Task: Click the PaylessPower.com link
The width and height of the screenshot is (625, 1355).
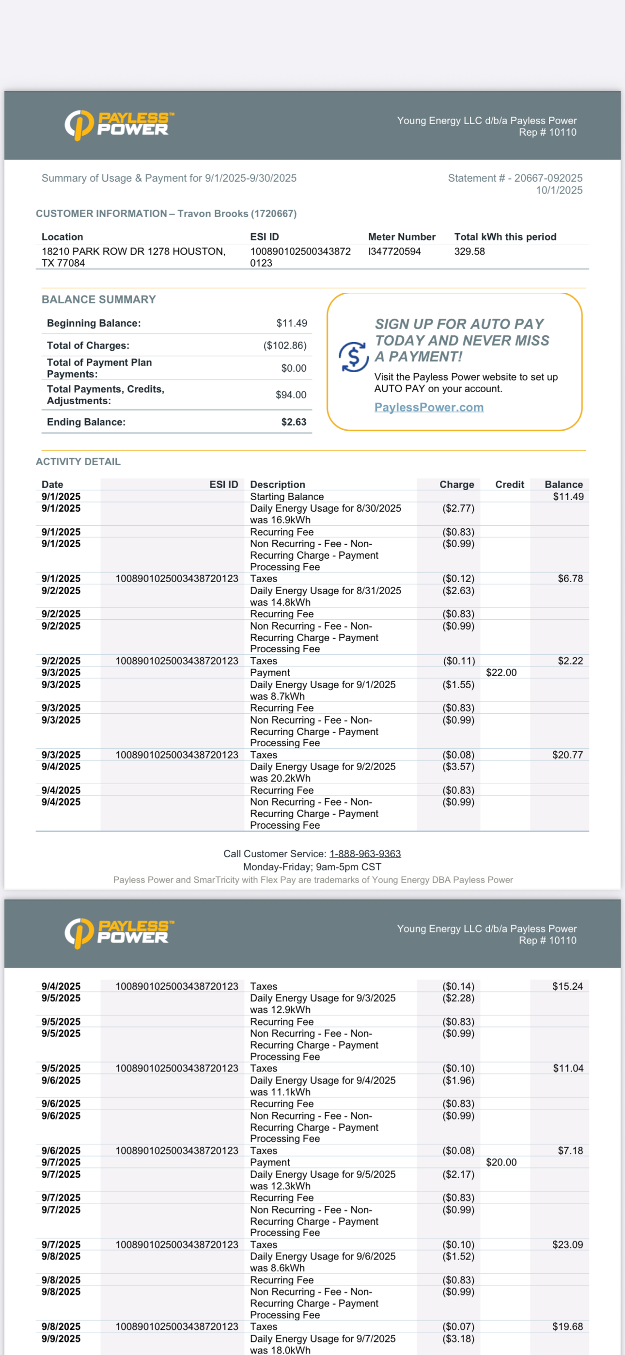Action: click(x=429, y=407)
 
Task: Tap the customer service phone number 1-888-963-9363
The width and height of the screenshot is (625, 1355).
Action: click(x=365, y=853)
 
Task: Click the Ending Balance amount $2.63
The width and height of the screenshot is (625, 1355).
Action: click(x=294, y=422)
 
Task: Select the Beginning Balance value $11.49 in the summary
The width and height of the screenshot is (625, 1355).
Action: click(x=292, y=323)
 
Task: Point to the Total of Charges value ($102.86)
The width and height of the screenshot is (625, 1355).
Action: click(x=284, y=346)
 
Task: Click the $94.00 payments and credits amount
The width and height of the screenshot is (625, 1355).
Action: click(x=291, y=394)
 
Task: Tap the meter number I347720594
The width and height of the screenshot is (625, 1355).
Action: click(x=394, y=252)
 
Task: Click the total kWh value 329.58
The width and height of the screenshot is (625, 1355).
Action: click(x=469, y=252)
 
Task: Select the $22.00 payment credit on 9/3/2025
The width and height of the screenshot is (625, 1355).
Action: click(x=501, y=672)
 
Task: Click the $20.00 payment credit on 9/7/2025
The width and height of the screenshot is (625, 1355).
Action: click(x=501, y=1162)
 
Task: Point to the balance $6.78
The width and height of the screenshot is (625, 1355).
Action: click(x=570, y=579)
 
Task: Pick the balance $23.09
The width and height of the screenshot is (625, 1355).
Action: click(x=567, y=1245)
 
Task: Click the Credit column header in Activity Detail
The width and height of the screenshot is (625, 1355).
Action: click(x=509, y=485)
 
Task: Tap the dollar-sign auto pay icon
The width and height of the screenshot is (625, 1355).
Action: click(x=354, y=357)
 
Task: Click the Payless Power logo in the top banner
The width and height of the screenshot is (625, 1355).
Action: click(x=119, y=125)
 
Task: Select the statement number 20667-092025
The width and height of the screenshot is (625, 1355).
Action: click(x=548, y=178)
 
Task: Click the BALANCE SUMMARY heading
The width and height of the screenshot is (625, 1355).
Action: click(x=98, y=299)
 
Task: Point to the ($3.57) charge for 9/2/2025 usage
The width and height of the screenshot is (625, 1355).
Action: click(x=458, y=766)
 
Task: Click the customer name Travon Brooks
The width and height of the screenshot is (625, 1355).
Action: click(x=213, y=214)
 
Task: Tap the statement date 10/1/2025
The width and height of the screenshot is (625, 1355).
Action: click(x=559, y=190)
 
